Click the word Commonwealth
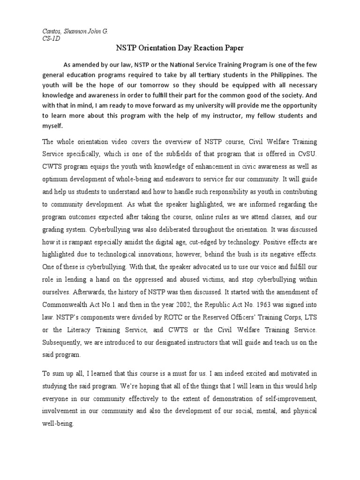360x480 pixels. click(x=60, y=300)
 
